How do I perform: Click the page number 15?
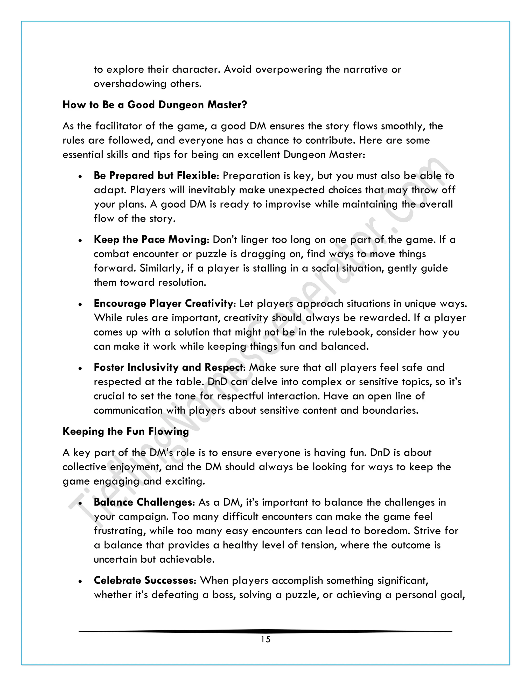click(265, 639)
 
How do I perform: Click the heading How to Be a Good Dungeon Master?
click(155, 105)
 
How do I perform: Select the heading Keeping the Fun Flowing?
click(125, 431)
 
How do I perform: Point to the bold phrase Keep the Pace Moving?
click(150, 240)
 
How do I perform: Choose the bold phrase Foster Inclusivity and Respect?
click(169, 367)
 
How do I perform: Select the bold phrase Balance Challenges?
click(143, 502)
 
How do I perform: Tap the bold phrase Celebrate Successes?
click(144, 580)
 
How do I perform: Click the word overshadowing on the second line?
click(130, 84)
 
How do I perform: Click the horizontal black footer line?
click(265, 631)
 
